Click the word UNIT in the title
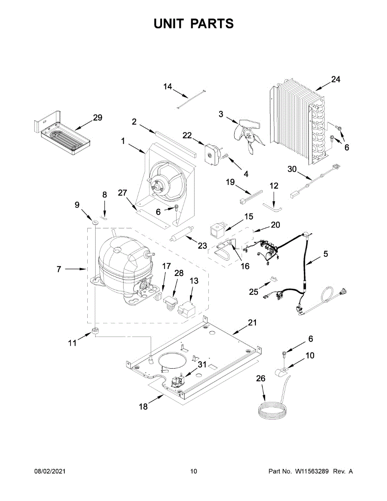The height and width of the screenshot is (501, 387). tap(170, 24)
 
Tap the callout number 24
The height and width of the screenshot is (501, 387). tap(336, 79)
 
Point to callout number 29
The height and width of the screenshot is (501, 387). tap(97, 118)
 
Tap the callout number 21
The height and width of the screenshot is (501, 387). tap(252, 322)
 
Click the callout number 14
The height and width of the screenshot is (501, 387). tap(167, 86)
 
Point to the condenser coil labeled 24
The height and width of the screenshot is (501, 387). tap(298, 121)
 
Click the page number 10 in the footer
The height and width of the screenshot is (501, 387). tap(193, 471)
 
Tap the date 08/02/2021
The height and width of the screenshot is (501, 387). tap(50, 471)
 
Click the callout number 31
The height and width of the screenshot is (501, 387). tap(202, 364)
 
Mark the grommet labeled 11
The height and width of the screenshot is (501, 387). tap(95, 331)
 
